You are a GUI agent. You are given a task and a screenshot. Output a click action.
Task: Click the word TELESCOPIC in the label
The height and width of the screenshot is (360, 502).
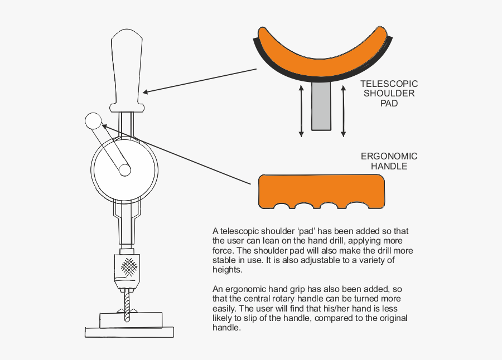(x=389, y=84)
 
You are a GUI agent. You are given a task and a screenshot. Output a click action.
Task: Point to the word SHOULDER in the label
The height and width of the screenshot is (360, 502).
(x=389, y=93)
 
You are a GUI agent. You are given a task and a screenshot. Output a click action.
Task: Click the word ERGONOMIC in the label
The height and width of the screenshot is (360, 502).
(x=389, y=157)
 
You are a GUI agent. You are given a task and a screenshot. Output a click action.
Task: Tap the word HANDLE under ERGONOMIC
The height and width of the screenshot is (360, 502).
(x=389, y=166)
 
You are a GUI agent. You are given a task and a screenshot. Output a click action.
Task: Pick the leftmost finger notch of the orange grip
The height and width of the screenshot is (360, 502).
(x=283, y=206)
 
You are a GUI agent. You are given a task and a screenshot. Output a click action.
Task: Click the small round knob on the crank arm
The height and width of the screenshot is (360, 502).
(x=93, y=121)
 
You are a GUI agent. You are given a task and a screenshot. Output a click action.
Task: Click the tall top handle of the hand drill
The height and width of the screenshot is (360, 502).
(x=127, y=70)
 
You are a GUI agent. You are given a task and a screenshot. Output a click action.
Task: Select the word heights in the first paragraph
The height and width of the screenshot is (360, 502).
(x=228, y=269)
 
